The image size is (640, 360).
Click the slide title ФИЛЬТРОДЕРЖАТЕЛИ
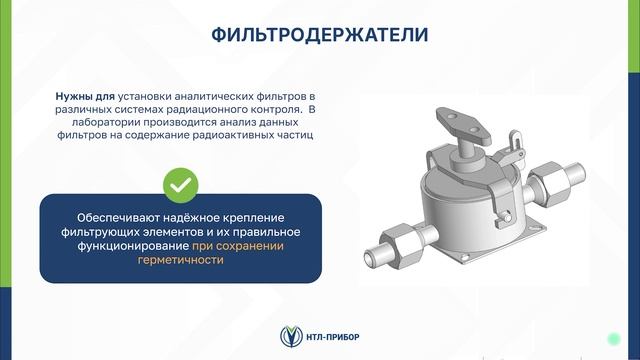(319, 35)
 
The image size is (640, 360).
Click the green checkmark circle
(180, 184)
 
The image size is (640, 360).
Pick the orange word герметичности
(180, 259)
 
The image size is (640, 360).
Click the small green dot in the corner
(612, 336)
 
